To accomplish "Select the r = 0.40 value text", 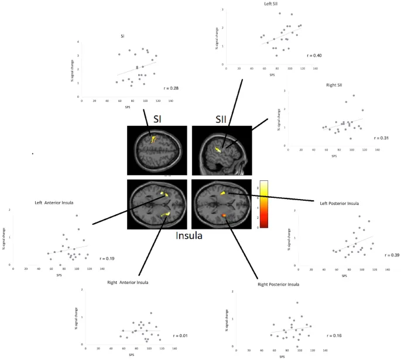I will click(x=315, y=56).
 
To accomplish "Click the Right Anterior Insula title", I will click(x=128, y=282).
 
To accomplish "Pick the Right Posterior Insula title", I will click(x=279, y=284).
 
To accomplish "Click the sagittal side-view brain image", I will click(x=221, y=149).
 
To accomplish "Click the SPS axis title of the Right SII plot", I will click(x=334, y=156).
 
